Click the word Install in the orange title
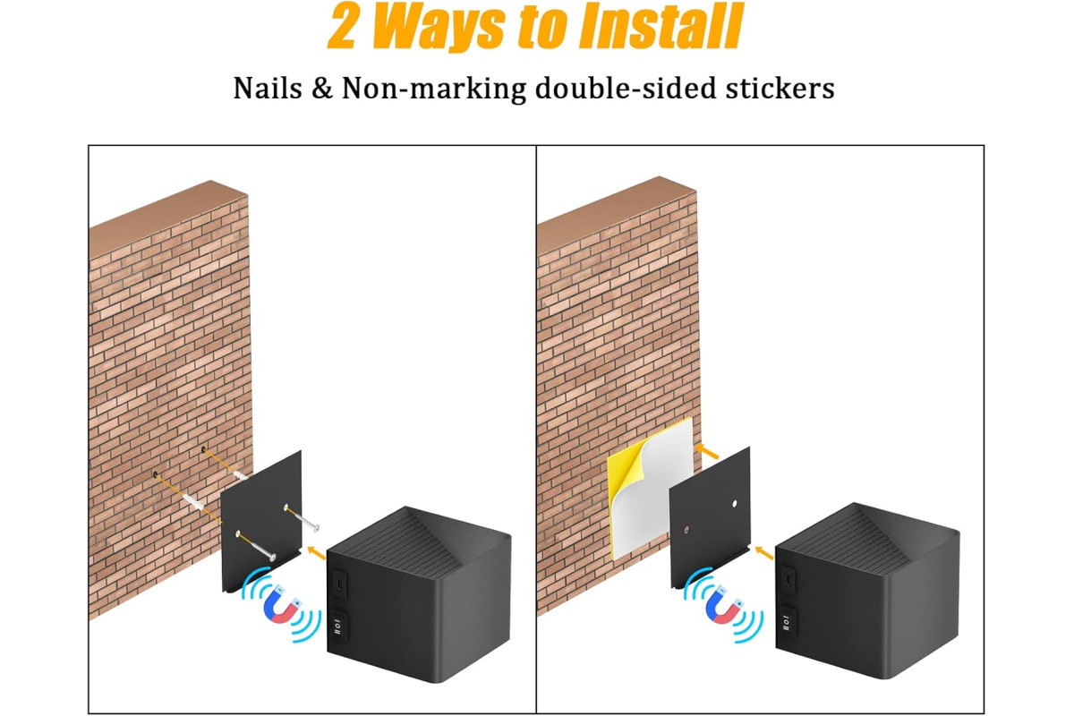661,26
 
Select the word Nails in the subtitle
268,89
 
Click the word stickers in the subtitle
780,89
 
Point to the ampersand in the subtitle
321,89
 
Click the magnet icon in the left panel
282,604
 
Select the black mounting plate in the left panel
261,522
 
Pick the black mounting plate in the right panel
710,518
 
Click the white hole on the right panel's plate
735,504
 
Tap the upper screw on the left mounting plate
303,518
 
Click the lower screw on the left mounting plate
257,546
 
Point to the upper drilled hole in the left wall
204,450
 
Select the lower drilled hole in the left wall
156,474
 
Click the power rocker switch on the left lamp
338,626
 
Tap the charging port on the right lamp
788,579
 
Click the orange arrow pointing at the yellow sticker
707,451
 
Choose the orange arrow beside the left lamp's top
316,553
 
